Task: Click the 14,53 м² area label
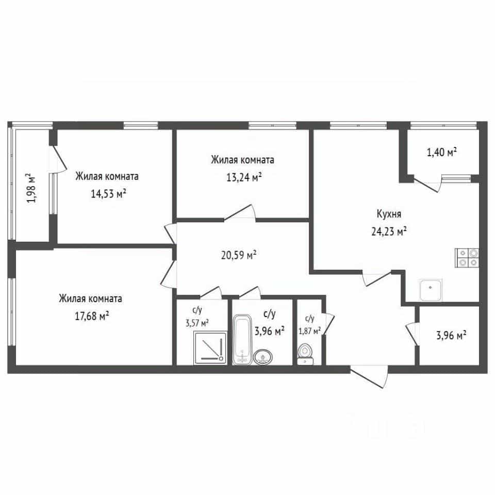(109, 193)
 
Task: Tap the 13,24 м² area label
(244, 177)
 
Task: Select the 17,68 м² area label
(92, 316)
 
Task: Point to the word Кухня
(389, 214)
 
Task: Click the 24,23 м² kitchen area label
(389, 232)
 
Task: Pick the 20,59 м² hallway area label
(239, 255)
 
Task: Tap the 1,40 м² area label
(442, 153)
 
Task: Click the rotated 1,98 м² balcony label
(31, 188)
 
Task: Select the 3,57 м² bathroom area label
(197, 323)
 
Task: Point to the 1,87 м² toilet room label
(310, 331)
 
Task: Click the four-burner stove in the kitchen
(467, 258)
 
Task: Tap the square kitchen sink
(431, 290)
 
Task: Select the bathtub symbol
(242, 340)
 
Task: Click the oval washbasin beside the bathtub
(262, 357)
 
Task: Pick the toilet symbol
(305, 354)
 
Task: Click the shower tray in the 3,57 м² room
(210, 348)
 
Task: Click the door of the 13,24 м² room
(240, 212)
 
